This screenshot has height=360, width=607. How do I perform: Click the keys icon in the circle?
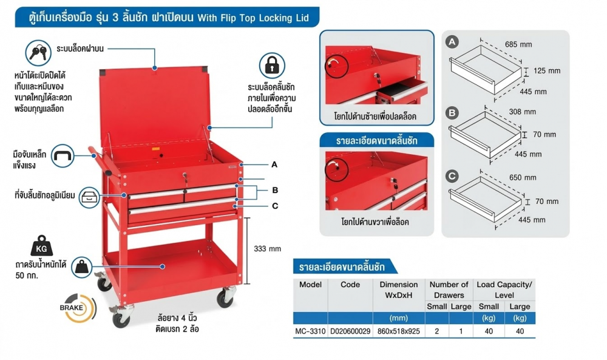(x=38, y=53)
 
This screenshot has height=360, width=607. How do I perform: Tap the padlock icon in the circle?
(x=272, y=66)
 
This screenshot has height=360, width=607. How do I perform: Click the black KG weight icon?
(x=41, y=245)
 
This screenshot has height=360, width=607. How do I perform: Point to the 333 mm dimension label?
(x=268, y=248)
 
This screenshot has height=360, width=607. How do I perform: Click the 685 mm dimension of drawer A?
(x=518, y=44)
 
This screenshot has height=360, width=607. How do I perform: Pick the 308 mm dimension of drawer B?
(x=522, y=112)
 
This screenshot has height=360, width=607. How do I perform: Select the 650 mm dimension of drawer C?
(x=523, y=178)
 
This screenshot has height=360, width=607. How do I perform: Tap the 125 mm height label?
(x=547, y=71)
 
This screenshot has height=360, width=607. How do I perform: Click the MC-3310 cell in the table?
(x=310, y=331)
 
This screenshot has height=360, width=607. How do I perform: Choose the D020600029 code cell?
(x=350, y=331)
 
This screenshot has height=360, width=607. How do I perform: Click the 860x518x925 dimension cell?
(x=398, y=331)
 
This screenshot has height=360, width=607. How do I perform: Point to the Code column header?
(x=350, y=285)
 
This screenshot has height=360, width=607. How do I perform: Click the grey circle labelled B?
(x=452, y=113)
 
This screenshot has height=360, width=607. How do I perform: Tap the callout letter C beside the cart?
(x=275, y=206)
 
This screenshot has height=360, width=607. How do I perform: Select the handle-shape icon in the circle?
(x=63, y=155)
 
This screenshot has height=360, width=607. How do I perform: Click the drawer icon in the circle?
(x=89, y=197)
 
